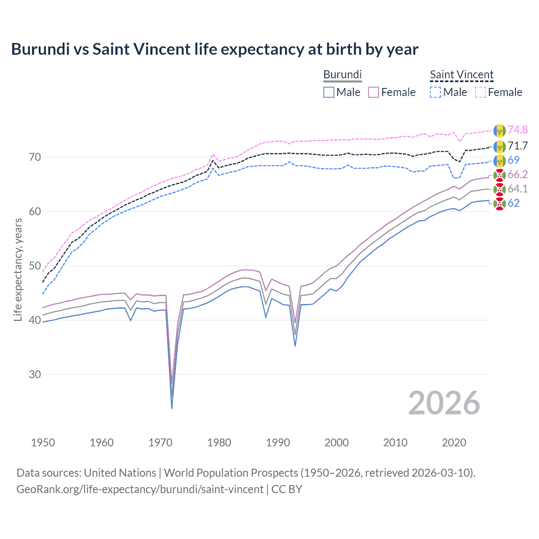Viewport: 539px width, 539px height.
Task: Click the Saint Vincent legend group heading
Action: (x=462, y=75)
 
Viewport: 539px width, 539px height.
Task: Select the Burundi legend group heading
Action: (x=342, y=75)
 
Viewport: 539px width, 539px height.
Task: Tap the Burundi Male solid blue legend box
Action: (x=329, y=92)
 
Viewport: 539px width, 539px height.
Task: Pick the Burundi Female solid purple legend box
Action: (x=374, y=92)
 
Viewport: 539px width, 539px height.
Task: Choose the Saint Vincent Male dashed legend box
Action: (x=435, y=92)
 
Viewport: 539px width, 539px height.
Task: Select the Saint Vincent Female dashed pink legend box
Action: (x=480, y=92)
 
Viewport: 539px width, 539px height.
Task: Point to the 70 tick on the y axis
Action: (x=35, y=157)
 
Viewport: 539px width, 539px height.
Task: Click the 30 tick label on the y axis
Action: (x=35, y=374)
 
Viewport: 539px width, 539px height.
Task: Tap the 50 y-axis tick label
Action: (x=35, y=266)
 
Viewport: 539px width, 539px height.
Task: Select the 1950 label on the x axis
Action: (x=43, y=443)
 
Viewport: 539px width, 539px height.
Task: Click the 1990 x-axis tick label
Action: (x=278, y=443)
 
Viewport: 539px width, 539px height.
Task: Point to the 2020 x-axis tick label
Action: (x=454, y=443)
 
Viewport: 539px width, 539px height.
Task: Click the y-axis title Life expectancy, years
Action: (x=18, y=269)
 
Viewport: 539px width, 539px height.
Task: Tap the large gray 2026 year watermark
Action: (x=444, y=403)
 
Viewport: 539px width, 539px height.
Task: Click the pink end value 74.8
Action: (x=518, y=130)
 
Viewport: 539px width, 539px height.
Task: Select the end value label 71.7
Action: (x=518, y=146)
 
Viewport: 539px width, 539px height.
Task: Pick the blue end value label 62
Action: (x=513, y=203)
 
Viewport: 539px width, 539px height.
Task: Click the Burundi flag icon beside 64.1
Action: (x=499, y=189)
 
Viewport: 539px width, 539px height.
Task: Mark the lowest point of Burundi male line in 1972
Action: (x=172, y=408)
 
